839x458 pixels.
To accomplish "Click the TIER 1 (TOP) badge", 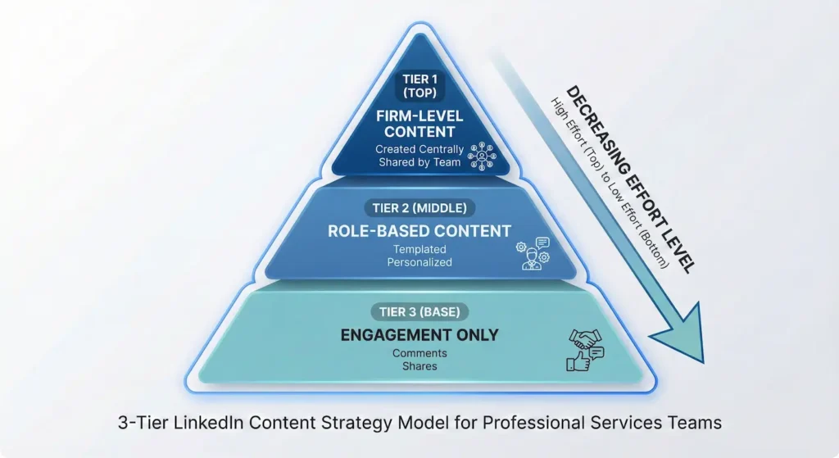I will click(x=420, y=85).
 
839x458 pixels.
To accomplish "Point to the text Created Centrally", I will click(x=419, y=149).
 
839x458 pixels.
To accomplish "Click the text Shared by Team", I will click(x=419, y=162).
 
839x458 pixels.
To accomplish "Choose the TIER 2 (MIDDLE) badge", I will click(x=420, y=208).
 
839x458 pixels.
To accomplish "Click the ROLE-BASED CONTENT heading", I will click(x=419, y=230).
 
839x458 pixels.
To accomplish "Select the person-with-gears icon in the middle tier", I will click(x=532, y=252).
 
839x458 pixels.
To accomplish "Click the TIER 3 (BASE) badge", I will click(x=419, y=311).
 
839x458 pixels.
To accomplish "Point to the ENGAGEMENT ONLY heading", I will click(x=419, y=334).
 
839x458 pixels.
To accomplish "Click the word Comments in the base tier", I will click(x=419, y=353).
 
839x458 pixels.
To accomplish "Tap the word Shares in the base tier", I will click(x=419, y=365).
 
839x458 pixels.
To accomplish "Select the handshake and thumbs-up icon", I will click(x=584, y=351).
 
